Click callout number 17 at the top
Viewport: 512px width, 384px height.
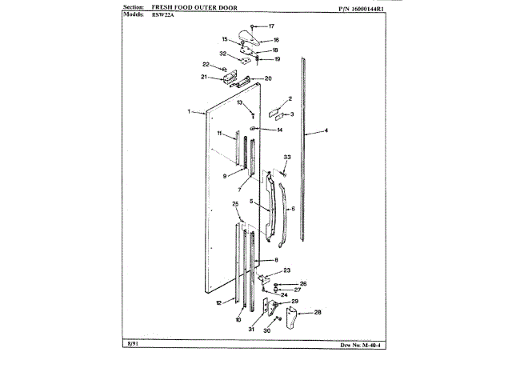tap(270, 26)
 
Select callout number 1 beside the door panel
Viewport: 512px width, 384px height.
tap(189, 112)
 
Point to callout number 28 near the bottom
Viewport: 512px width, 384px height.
tap(318, 312)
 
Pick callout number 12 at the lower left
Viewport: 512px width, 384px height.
tap(218, 303)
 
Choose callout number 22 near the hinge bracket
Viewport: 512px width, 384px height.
tap(206, 64)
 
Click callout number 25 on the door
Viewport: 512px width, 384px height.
tap(236, 205)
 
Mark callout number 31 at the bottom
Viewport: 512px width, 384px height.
tap(250, 329)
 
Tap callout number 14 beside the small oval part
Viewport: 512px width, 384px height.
tap(279, 130)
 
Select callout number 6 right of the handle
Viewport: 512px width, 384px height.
tap(293, 209)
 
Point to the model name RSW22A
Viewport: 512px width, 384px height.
tap(151, 15)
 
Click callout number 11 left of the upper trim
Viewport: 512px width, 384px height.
tap(218, 134)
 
